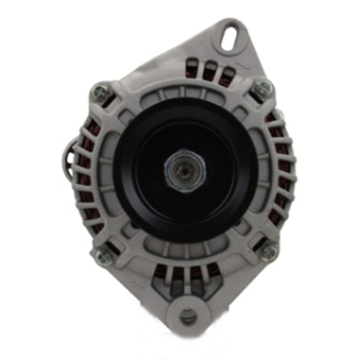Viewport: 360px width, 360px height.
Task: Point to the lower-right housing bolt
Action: tap(270, 251)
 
